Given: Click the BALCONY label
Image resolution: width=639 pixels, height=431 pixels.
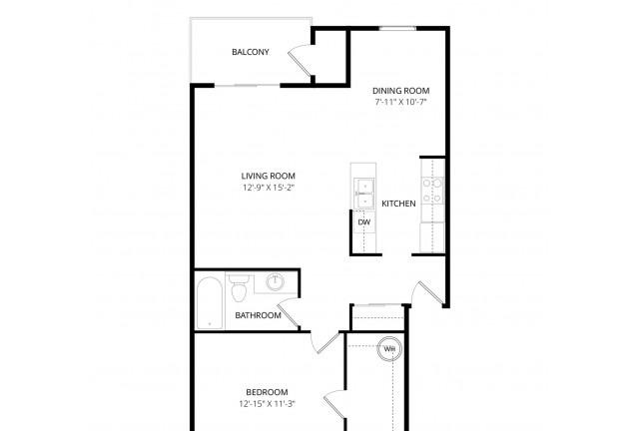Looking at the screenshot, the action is click(251, 52).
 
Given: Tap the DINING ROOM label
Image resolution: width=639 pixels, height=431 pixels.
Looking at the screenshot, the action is click(401, 91).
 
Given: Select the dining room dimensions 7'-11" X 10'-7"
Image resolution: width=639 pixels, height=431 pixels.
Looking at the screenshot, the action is click(400, 102).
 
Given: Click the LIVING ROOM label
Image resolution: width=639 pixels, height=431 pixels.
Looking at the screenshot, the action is click(269, 176).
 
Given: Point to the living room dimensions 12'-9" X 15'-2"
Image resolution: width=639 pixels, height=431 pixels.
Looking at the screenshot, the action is click(269, 188).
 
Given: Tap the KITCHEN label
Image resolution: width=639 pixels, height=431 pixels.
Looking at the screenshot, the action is click(398, 204).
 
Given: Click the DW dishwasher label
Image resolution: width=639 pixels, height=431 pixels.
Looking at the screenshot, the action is click(363, 222).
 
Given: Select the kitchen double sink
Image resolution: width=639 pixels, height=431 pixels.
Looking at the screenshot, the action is click(363, 194).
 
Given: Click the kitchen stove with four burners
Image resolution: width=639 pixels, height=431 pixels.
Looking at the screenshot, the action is click(432, 191).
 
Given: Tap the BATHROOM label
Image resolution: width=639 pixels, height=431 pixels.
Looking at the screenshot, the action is click(258, 315).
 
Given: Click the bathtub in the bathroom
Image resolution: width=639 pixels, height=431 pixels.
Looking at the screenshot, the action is click(210, 302).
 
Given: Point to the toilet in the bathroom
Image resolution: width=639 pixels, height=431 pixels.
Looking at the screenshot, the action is click(239, 288).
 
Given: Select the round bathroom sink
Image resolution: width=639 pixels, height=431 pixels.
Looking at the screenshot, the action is click(276, 282).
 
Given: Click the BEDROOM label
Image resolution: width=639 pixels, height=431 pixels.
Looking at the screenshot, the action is click(267, 392).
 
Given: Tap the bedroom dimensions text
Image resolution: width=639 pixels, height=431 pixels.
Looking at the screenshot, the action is click(267, 404).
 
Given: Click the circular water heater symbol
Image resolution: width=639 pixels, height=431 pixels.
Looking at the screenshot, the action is click(389, 349).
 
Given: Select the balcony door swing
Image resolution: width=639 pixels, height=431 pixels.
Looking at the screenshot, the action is click(300, 61).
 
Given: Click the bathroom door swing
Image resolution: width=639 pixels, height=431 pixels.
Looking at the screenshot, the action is click(290, 313).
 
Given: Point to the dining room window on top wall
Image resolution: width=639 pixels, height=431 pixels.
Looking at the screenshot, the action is click(397, 28).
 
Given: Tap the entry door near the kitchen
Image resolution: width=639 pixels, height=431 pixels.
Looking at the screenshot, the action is click(428, 292).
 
